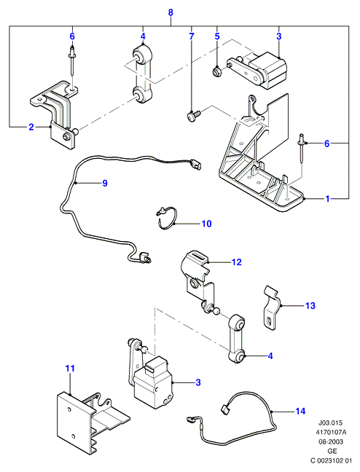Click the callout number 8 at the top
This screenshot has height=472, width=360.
point(171,12)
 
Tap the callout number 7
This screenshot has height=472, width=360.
point(192,36)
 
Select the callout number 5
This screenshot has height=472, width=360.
point(217,36)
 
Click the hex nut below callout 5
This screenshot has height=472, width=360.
point(216,71)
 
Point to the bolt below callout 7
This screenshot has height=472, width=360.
point(193,116)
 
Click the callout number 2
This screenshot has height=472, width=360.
point(31,127)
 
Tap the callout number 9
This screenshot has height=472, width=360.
point(105,183)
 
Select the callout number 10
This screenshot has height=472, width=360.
point(207,224)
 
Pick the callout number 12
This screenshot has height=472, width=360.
point(237,262)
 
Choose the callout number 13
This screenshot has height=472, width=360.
point(310,305)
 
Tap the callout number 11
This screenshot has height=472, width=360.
point(70,369)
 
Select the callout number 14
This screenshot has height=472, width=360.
point(300,412)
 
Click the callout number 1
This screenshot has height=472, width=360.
point(327,199)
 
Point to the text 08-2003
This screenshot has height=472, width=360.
point(331,442)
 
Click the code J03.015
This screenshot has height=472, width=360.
point(331,423)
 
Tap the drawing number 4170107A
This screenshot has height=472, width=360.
point(331,433)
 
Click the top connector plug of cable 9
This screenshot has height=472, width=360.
point(197,165)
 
